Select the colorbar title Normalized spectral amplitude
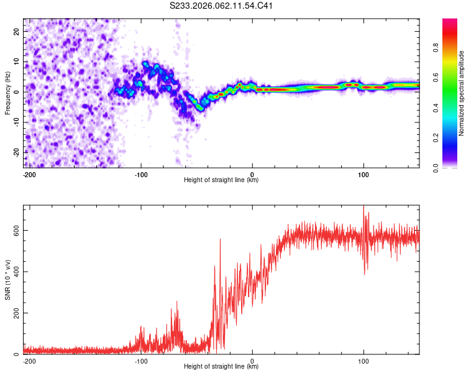[x=462, y=93]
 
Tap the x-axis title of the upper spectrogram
[x=221, y=180]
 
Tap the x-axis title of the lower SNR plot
[x=221, y=366]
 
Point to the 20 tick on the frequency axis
[x=17, y=30]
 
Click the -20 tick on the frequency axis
[x=16, y=152]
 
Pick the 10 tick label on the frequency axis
[x=17, y=61]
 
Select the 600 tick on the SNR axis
[x=14, y=230]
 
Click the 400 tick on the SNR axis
[x=14, y=272]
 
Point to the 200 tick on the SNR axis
[x=14, y=313]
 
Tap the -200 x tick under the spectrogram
[x=28, y=173]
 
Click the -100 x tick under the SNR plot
[x=140, y=359]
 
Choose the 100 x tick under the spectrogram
[x=363, y=173]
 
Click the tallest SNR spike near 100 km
[x=363, y=208]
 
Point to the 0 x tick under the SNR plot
[x=252, y=359]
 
